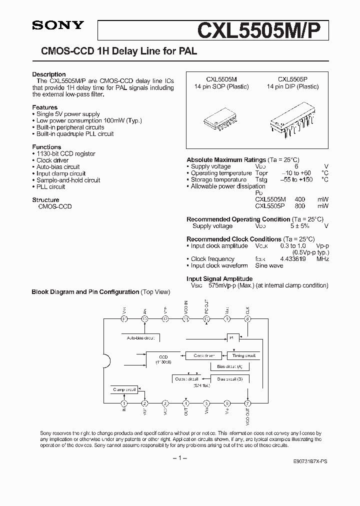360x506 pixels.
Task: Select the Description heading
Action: click(49, 74)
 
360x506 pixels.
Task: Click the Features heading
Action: click(45, 107)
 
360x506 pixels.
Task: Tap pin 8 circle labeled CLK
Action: click(247, 318)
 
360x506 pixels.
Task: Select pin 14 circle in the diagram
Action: click(124, 318)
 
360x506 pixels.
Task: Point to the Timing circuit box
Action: click(244, 355)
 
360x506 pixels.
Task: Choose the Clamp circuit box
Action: click(124, 389)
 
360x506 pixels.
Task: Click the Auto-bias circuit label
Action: click(140, 338)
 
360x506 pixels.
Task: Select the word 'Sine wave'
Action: click(269, 265)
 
